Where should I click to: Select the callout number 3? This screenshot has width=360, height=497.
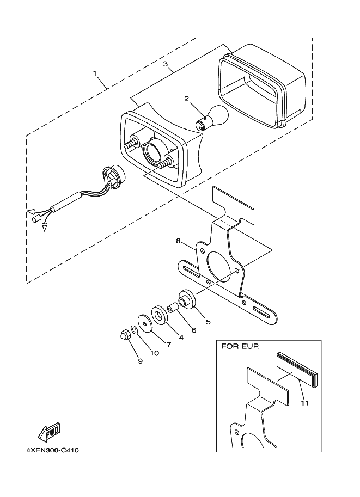tap(166, 64)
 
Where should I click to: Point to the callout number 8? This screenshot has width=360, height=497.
tap(178, 240)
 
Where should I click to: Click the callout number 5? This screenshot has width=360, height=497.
tap(207, 321)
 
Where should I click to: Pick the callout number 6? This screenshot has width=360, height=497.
tap(193, 330)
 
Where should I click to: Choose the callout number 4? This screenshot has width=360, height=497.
tap(180, 338)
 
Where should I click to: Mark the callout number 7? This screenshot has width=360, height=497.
tap(168, 345)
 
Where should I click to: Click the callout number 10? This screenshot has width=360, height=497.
tap(154, 353)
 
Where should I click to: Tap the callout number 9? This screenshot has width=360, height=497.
tap(139, 360)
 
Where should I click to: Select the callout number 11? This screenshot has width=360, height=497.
tap(304, 403)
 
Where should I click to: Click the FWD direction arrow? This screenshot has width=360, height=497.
tap(48, 433)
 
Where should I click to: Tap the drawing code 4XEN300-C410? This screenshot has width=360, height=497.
tap(52, 451)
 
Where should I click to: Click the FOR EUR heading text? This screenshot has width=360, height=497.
tap(240, 346)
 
